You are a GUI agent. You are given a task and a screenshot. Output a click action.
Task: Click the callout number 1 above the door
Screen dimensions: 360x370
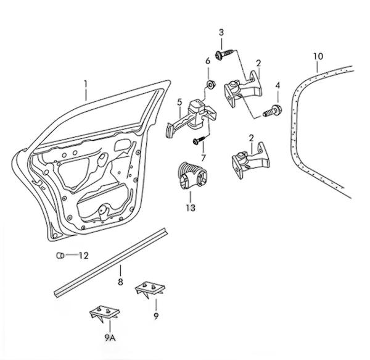point(86,83)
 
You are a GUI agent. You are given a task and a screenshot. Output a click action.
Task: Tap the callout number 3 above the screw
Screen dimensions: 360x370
point(221,32)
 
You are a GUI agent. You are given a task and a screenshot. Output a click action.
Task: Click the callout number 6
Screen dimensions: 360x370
point(207,61)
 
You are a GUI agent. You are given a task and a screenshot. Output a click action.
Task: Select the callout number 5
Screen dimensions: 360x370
point(179,103)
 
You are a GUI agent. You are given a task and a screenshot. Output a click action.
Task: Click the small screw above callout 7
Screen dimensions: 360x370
point(199,141)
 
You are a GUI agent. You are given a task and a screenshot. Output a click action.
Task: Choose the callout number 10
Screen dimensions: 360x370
point(318,57)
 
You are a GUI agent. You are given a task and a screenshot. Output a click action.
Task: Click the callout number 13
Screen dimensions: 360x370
point(191,208)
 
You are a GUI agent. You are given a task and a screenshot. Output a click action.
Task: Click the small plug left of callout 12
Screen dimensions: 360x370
point(61,256)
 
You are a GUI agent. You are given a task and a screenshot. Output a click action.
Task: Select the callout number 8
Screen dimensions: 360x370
point(121,282)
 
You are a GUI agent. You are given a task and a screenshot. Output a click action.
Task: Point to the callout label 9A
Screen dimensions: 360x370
point(110,337)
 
